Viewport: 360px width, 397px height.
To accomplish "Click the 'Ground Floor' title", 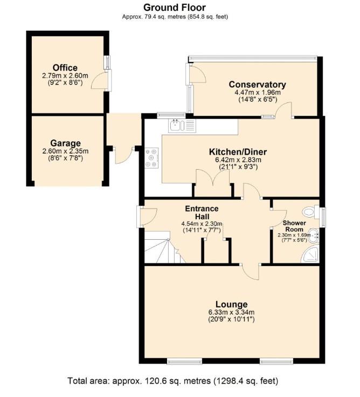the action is coord(174,8).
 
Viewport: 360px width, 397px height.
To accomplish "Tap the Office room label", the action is coord(65,67).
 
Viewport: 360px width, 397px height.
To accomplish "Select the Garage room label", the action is coord(65,143).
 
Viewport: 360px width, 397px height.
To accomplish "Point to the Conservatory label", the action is coord(258,85).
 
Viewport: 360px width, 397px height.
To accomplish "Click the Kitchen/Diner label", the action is coord(238,152).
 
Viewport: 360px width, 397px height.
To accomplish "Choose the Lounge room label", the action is coord(232,304).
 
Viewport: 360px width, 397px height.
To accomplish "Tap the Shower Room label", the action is coord(294,226).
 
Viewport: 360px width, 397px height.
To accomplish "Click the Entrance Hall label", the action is coord(202,212).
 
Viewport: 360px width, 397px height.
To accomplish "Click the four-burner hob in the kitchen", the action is coord(151,158).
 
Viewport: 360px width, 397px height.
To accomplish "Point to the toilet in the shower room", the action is coord(311,211).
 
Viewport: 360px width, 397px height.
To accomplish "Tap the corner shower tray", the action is coord(310,254).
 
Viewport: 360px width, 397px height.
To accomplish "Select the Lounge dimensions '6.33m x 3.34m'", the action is coord(231,312).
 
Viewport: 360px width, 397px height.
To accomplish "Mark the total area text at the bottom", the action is coord(173,381).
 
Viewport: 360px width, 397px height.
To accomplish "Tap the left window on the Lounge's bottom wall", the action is coord(185,361).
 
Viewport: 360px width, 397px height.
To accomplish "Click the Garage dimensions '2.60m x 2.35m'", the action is coord(65,151).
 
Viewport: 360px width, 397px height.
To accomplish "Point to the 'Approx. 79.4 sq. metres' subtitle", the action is coord(175,17).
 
